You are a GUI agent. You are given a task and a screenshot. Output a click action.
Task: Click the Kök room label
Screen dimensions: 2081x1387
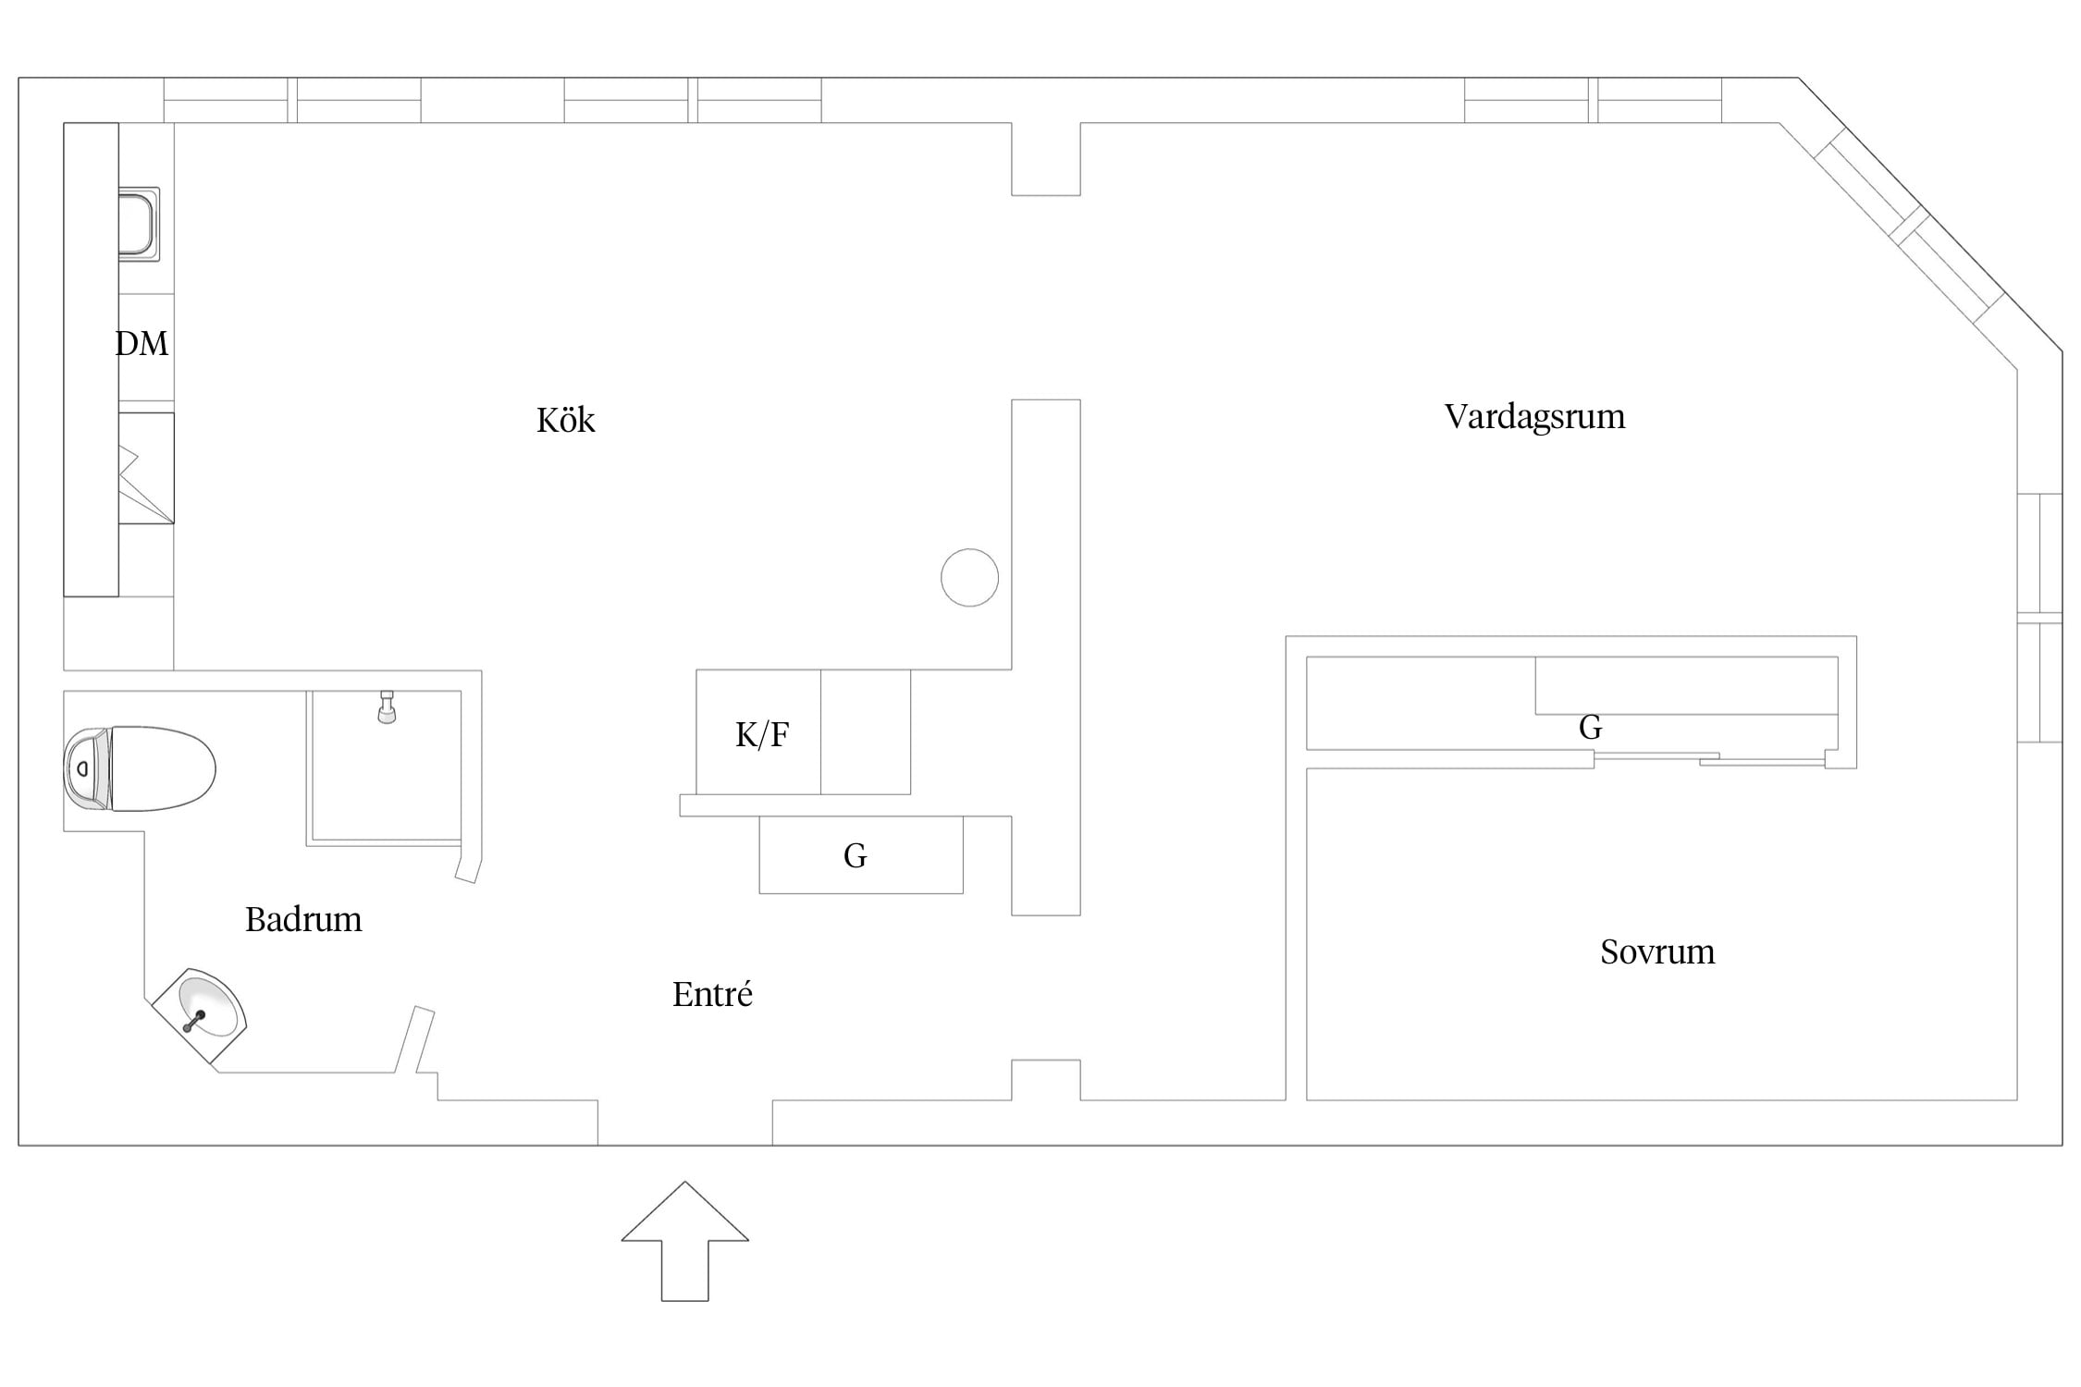[x=565, y=420]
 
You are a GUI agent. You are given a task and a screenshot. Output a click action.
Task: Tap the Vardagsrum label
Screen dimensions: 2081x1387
[x=1534, y=417]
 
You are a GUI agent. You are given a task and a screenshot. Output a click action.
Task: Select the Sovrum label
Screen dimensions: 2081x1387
[x=1657, y=951]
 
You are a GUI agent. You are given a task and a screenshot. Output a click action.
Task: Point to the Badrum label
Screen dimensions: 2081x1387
[x=303, y=919]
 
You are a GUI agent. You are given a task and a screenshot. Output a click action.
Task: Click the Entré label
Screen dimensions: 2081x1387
[x=712, y=994]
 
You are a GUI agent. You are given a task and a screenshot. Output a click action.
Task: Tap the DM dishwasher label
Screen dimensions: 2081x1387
[x=142, y=343]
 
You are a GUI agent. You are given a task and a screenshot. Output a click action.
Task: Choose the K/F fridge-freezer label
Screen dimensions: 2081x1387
[x=762, y=734]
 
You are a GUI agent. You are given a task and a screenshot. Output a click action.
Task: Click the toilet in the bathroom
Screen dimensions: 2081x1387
[x=139, y=768]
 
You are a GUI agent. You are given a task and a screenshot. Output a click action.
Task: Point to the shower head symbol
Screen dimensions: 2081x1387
[x=387, y=706]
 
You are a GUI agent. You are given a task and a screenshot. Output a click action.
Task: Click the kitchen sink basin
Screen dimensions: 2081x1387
[x=139, y=224]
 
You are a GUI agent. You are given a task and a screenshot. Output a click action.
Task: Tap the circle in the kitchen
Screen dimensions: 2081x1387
[x=969, y=578]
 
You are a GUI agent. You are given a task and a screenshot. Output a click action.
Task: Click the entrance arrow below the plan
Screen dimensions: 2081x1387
[x=684, y=1241]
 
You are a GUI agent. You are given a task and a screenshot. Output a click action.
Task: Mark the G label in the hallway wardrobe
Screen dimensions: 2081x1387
[x=856, y=855]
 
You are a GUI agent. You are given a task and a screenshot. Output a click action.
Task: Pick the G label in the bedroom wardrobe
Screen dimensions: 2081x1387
[x=1590, y=728]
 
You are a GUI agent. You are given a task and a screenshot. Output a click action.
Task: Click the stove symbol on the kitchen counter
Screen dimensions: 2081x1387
[x=146, y=468]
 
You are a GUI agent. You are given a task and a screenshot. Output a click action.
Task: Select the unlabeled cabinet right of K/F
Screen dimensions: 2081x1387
[x=866, y=732]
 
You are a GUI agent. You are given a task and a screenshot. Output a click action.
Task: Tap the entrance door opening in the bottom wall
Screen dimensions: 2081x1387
[x=685, y=1123]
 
